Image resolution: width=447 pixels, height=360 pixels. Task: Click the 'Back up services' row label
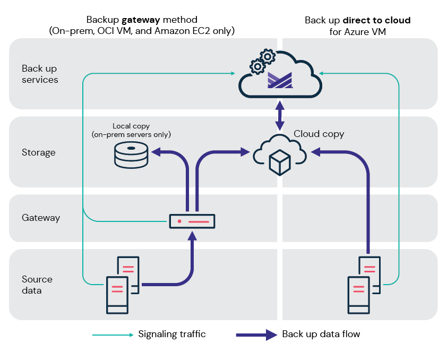pyautogui.click(x=40, y=74)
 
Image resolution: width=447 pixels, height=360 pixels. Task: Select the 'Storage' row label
pyautogui.click(x=39, y=152)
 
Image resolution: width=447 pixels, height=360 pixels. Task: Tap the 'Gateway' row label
pyautogui.click(x=41, y=218)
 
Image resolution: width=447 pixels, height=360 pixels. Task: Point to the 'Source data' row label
pyautogui.click(x=37, y=285)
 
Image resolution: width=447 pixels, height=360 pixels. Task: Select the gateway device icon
pyautogui.click(x=192, y=221)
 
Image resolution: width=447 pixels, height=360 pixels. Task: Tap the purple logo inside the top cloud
pyautogui.click(x=279, y=80)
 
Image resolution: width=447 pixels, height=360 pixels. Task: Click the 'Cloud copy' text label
pyautogui.click(x=319, y=134)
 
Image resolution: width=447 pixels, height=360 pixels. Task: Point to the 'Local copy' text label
pyautogui.click(x=131, y=126)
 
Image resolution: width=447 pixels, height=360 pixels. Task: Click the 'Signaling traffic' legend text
pyautogui.click(x=172, y=335)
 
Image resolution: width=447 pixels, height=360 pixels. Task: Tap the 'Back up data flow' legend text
pyautogui.click(x=321, y=335)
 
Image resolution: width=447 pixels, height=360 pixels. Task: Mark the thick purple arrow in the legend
pyautogui.click(x=256, y=335)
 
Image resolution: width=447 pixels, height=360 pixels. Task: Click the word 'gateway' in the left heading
pyautogui.click(x=141, y=20)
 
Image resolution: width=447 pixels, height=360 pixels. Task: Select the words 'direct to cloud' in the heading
pyautogui.click(x=376, y=20)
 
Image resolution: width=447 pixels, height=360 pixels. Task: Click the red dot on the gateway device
pyautogui.click(x=179, y=221)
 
